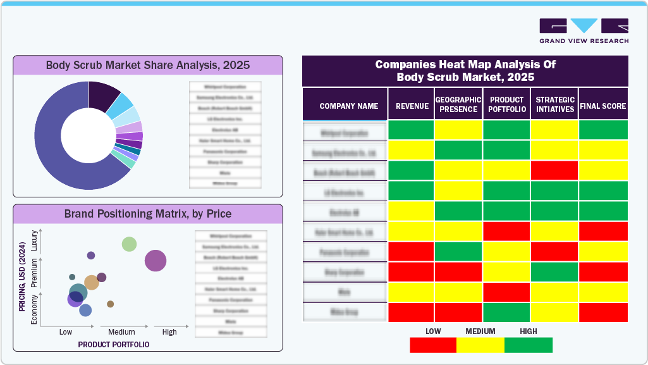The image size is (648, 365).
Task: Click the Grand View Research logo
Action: [x=584, y=30]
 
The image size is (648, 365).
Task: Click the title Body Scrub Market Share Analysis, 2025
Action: [x=147, y=65]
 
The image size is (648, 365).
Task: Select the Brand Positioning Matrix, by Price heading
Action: [x=147, y=214]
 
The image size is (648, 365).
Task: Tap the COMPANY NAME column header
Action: [x=348, y=106]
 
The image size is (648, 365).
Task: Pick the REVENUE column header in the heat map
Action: [x=412, y=106]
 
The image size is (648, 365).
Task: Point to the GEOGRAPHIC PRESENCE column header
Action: [x=458, y=104]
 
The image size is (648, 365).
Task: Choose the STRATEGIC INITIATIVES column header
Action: [x=554, y=104]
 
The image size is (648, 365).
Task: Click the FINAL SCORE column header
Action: [x=602, y=106]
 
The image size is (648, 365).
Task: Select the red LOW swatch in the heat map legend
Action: [x=433, y=345]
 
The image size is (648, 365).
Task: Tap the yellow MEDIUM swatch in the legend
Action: [x=480, y=345]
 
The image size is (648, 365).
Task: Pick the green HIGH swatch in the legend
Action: [x=528, y=345]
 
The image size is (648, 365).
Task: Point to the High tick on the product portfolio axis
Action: [x=169, y=332]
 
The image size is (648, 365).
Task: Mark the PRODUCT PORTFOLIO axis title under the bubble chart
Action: [x=114, y=345]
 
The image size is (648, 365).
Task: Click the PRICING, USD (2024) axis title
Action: [x=22, y=278]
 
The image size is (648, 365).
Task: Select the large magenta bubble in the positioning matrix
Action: [x=156, y=261]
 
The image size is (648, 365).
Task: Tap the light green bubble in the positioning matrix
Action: [x=129, y=244]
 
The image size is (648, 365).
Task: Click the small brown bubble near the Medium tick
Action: [x=110, y=304]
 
